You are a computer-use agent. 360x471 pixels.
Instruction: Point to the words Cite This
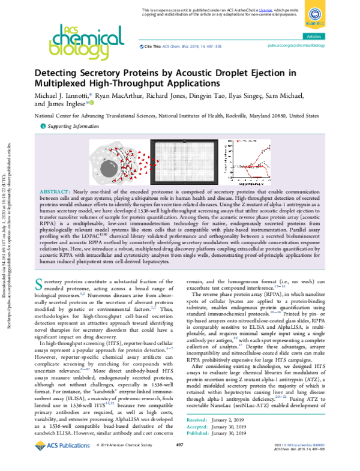coord(154,46)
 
